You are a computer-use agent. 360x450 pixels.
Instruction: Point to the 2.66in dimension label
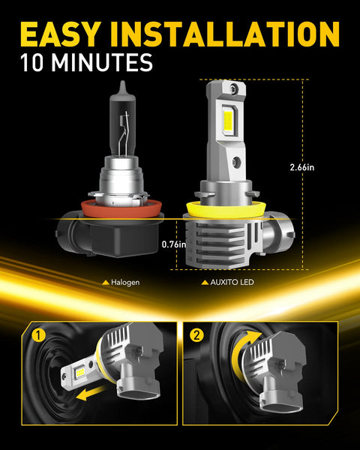pyautogui.click(x=323, y=167)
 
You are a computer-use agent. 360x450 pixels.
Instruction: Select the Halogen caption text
pyautogui.click(x=125, y=283)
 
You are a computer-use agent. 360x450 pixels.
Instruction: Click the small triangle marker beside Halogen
pyautogui.click(x=105, y=283)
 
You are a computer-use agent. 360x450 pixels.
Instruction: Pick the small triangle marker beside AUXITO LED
pyautogui.click(x=204, y=283)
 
